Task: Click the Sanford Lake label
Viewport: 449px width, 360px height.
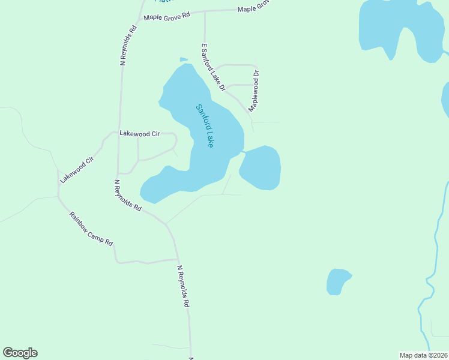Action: click(x=205, y=126)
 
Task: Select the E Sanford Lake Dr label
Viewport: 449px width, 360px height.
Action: click(x=212, y=67)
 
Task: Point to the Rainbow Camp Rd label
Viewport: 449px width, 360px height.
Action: click(x=91, y=229)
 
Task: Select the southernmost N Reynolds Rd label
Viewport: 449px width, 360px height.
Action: click(x=183, y=286)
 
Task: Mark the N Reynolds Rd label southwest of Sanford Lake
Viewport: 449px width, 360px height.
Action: click(x=127, y=196)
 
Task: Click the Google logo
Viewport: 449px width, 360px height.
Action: click(x=20, y=353)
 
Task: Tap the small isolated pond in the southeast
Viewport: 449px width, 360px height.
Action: click(x=337, y=281)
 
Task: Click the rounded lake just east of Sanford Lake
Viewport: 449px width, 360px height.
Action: click(x=261, y=167)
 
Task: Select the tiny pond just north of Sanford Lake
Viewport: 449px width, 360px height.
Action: click(x=184, y=59)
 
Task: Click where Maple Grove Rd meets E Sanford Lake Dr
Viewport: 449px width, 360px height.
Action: click(x=205, y=11)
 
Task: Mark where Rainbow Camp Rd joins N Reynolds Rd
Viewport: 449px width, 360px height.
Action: click(x=174, y=260)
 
